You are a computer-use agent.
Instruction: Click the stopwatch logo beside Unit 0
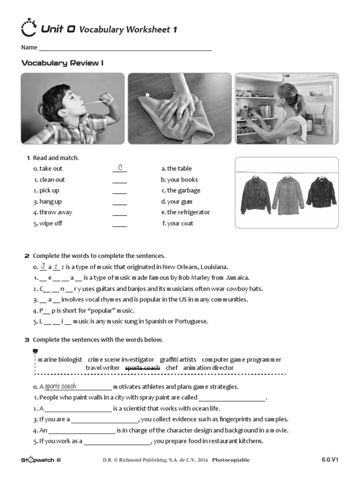tap(29, 29)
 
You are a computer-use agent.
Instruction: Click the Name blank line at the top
tap(125, 48)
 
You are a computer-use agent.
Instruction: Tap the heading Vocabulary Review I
tap(62, 63)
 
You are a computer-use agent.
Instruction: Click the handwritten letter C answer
tap(120, 168)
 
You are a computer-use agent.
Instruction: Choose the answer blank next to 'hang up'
tap(120, 202)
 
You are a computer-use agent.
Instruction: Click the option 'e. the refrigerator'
tap(185, 212)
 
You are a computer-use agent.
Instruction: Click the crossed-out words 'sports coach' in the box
tap(143, 368)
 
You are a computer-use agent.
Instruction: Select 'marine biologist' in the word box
tap(60, 360)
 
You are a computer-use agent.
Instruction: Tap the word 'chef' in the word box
tap(172, 368)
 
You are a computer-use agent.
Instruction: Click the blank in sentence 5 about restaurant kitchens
tap(117, 442)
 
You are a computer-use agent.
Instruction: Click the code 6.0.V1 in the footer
tap(330, 459)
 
